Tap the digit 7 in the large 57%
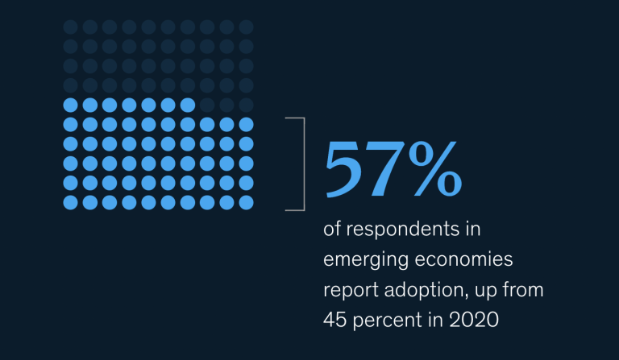tap(384, 171)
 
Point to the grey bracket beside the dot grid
tap(301, 163)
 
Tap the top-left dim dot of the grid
tap(69, 27)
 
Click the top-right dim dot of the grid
tap(247, 27)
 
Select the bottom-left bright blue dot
tap(69, 202)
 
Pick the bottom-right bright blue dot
tap(247, 202)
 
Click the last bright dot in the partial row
tap(187, 105)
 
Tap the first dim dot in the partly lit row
tap(207, 105)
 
